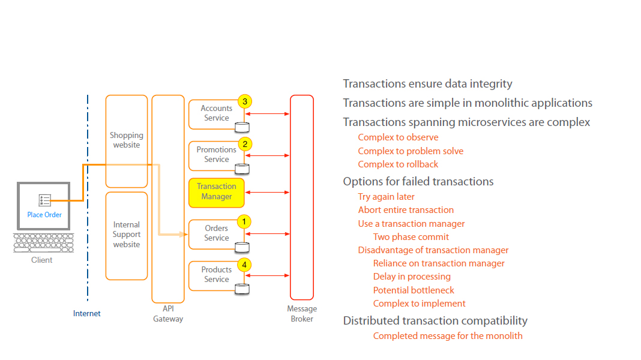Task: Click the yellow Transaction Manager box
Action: [217, 192]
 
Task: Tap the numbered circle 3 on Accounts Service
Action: [244, 101]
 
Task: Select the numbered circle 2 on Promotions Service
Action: [244, 143]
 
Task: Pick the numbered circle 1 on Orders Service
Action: [243, 221]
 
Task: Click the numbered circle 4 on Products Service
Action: [243, 264]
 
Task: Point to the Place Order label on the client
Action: [44, 215]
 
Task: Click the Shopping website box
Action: [127, 141]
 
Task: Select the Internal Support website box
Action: [127, 235]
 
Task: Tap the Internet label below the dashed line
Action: [87, 314]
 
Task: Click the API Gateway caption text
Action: [168, 314]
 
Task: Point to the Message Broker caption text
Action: [302, 314]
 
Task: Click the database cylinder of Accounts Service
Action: [242, 127]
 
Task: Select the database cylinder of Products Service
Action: [242, 289]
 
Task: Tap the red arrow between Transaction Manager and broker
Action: [267, 193]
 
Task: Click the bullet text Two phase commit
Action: [411, 237]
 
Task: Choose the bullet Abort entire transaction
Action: [406, 210]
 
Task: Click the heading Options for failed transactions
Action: [418, 181]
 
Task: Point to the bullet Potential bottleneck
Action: [414, 290]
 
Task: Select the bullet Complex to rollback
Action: [398, 164]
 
